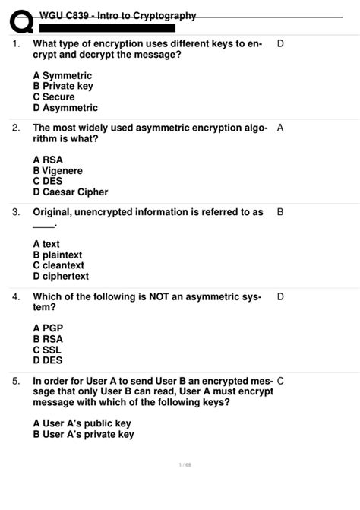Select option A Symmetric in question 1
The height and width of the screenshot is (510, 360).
pos(62,76)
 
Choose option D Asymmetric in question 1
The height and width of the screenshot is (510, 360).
pos(65,108)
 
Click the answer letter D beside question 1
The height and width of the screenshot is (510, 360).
pos(281,44)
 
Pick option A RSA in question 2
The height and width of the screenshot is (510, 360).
pos(48,160)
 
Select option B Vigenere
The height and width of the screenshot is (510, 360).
pos(58,171)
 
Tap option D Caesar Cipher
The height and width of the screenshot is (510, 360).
pos(71,192)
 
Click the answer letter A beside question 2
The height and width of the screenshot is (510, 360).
pos(281,128)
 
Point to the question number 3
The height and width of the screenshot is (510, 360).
pos(16,212)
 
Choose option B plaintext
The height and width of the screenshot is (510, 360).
pos(58,255)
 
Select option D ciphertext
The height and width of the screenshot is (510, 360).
pos(61,277)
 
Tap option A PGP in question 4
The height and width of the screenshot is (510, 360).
pos(48,328)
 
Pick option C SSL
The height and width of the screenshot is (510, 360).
pos(48,350)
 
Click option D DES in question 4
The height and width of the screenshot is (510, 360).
pos(48,360)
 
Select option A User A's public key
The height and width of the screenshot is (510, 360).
pos(82,423)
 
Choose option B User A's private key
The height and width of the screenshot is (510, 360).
pos(84,434)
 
